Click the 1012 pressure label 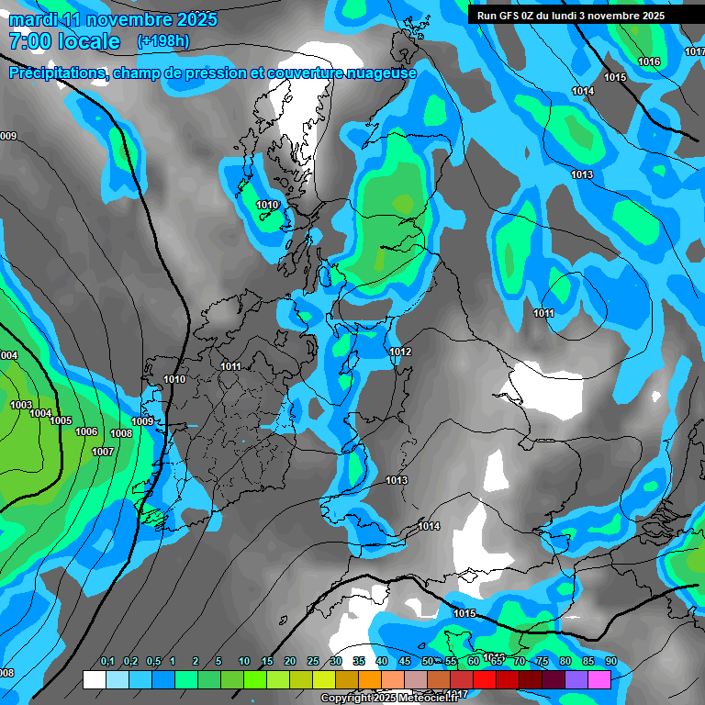[400, 352]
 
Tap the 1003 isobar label [21, 405]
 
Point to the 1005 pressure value [61, 421]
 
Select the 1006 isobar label [86, 431]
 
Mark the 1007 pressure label [103, 452]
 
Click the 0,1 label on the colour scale [107, 662]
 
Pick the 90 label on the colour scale [610, 662]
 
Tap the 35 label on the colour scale [359, 662]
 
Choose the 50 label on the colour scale [428, 662]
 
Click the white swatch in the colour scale [94, 679]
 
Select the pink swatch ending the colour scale [599, 679]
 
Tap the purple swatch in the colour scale [576, 679]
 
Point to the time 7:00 [29, 41]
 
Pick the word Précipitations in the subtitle [55, 73]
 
